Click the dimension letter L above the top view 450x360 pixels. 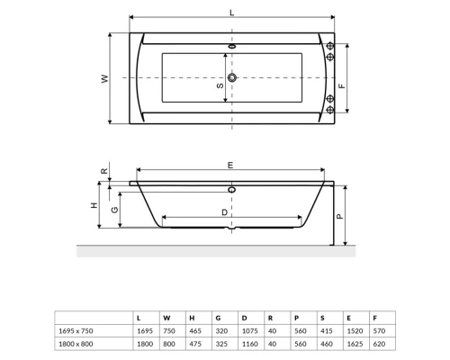(232, 12)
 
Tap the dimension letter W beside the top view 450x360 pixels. (104, 79)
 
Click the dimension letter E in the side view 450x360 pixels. (230, 166)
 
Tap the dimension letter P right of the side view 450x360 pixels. (338, 216)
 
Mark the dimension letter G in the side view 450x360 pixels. (113, 209)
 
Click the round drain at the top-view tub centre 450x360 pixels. (233, 78)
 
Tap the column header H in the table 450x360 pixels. (192, 318)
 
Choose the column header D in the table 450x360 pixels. (244, 318)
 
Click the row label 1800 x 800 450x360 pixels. (76, 344)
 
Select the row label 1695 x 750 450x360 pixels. (76, 330)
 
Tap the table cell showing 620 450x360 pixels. (378, 344)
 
